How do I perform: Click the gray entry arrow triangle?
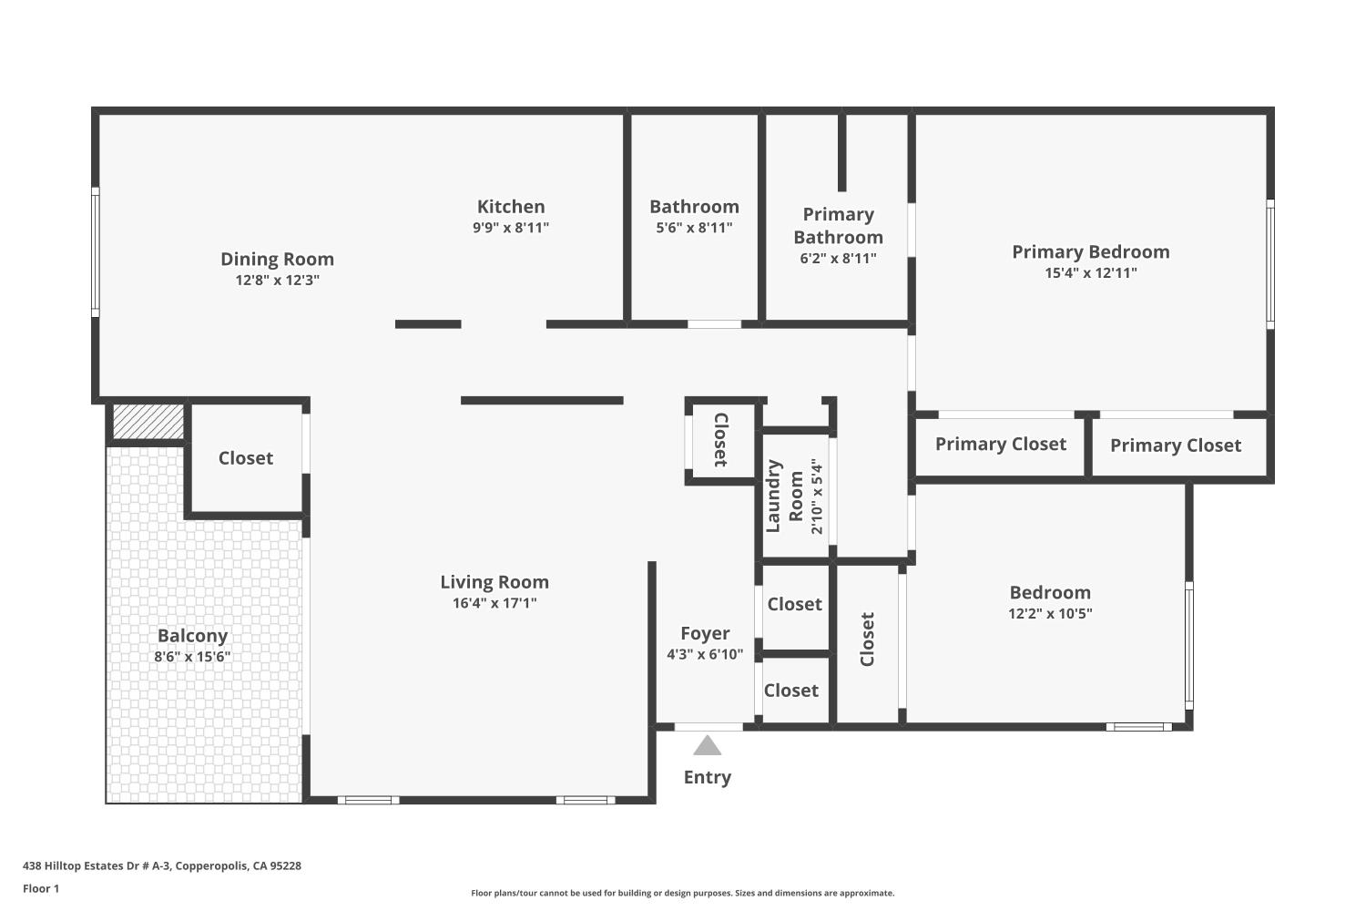(x=707, y=747)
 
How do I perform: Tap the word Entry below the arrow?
(x=707, y=777)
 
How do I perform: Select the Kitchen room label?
(x=511, y=207)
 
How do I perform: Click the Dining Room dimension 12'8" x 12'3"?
(x=277, y=281)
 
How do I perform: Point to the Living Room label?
(x=494, y=582)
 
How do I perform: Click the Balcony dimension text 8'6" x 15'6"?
(x=192, y=657)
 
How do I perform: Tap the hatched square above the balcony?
(x=148, y=422)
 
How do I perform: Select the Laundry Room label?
(x=784, y=496)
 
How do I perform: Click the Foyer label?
(x=705, y=633)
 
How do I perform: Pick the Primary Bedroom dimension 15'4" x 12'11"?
(x=1090, y=273)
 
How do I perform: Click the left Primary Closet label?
(x=1000, y=444)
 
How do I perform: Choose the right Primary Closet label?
(x=1175, y=445)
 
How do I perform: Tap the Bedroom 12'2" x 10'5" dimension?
(x=1050, y=614)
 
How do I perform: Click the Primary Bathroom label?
(x=838, y=226)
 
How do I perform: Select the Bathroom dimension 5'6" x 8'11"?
(x=694, y=228)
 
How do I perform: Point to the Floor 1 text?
(x=41, y=889)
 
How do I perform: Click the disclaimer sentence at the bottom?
(x=682, y=894)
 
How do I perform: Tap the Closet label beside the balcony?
(x=245, y=458)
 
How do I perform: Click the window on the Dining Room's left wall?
(x=95, y=252)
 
